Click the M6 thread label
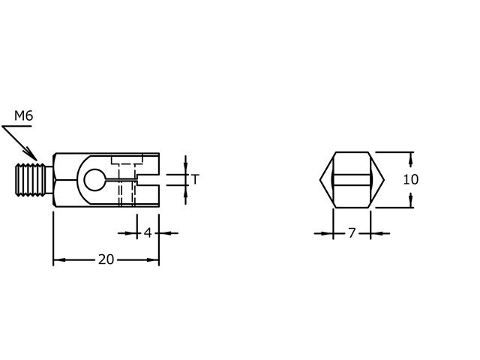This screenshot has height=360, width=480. click(23, 115)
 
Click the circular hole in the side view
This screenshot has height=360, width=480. click(94, 180)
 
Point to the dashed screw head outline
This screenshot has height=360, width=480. click(126, 160)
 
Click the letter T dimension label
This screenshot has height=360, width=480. click(195, 179)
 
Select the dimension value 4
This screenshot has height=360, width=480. click(148, 233)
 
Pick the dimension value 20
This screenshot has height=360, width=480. click(106, 260)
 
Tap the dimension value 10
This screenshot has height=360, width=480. click(410, 180)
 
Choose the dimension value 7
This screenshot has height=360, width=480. click(351, 233)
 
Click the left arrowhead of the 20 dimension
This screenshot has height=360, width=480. click(58, 260)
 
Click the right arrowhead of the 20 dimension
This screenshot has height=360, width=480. click(154, 260)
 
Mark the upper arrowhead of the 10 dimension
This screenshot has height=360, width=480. click(411, 157)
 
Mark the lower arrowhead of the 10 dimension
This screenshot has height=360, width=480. click(411, 202)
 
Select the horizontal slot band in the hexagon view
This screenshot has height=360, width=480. click(352, 180)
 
